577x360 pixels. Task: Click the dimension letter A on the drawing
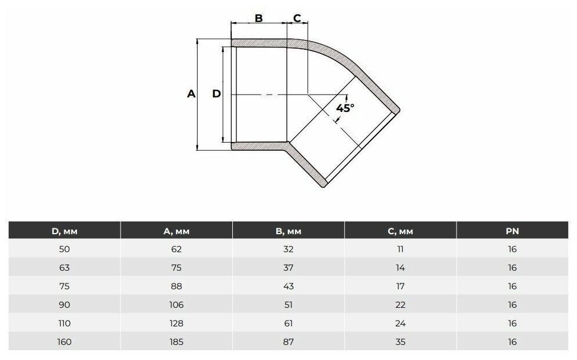point(191,94)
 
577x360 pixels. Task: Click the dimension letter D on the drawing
point(217,94)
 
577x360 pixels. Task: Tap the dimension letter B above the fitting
point(259,18)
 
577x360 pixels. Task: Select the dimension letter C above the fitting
point(297,17)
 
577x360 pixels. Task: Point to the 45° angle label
point(345,108)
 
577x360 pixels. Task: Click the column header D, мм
point(64,231)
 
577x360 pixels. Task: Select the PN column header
point(512,231)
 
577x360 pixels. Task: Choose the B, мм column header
point(288,231)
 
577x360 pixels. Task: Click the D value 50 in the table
point(64,249)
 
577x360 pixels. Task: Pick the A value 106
point(176,305)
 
